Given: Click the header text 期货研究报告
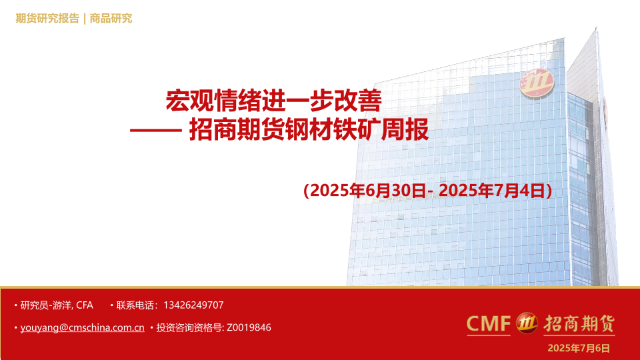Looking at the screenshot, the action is click(47, 19).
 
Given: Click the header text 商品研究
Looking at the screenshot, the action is click(111, 19).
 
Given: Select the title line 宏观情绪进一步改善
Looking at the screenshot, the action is click(274, 101).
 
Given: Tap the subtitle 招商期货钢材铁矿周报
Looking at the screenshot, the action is click(309, 130).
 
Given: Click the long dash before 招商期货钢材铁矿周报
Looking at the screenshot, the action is click(156, 130).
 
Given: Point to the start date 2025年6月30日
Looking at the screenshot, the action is click(368, 191).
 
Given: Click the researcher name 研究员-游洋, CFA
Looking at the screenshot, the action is click(57, 305).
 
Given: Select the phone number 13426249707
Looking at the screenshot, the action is click(193, 305).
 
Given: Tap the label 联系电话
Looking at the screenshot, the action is click(134, 305).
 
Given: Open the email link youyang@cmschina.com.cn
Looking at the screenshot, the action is click(83, 328).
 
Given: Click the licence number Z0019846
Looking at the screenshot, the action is click(249, 328).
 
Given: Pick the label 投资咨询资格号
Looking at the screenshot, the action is click(189, 328).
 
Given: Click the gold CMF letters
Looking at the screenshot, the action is click(489, 324).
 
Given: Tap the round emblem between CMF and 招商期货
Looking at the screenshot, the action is click(527, 323).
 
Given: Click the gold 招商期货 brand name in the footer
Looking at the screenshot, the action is click(579, 324).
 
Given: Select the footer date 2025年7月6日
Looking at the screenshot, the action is click(579, 348).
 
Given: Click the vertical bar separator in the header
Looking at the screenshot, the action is click(85, 19).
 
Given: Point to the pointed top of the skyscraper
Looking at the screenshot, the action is click(596, 28).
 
